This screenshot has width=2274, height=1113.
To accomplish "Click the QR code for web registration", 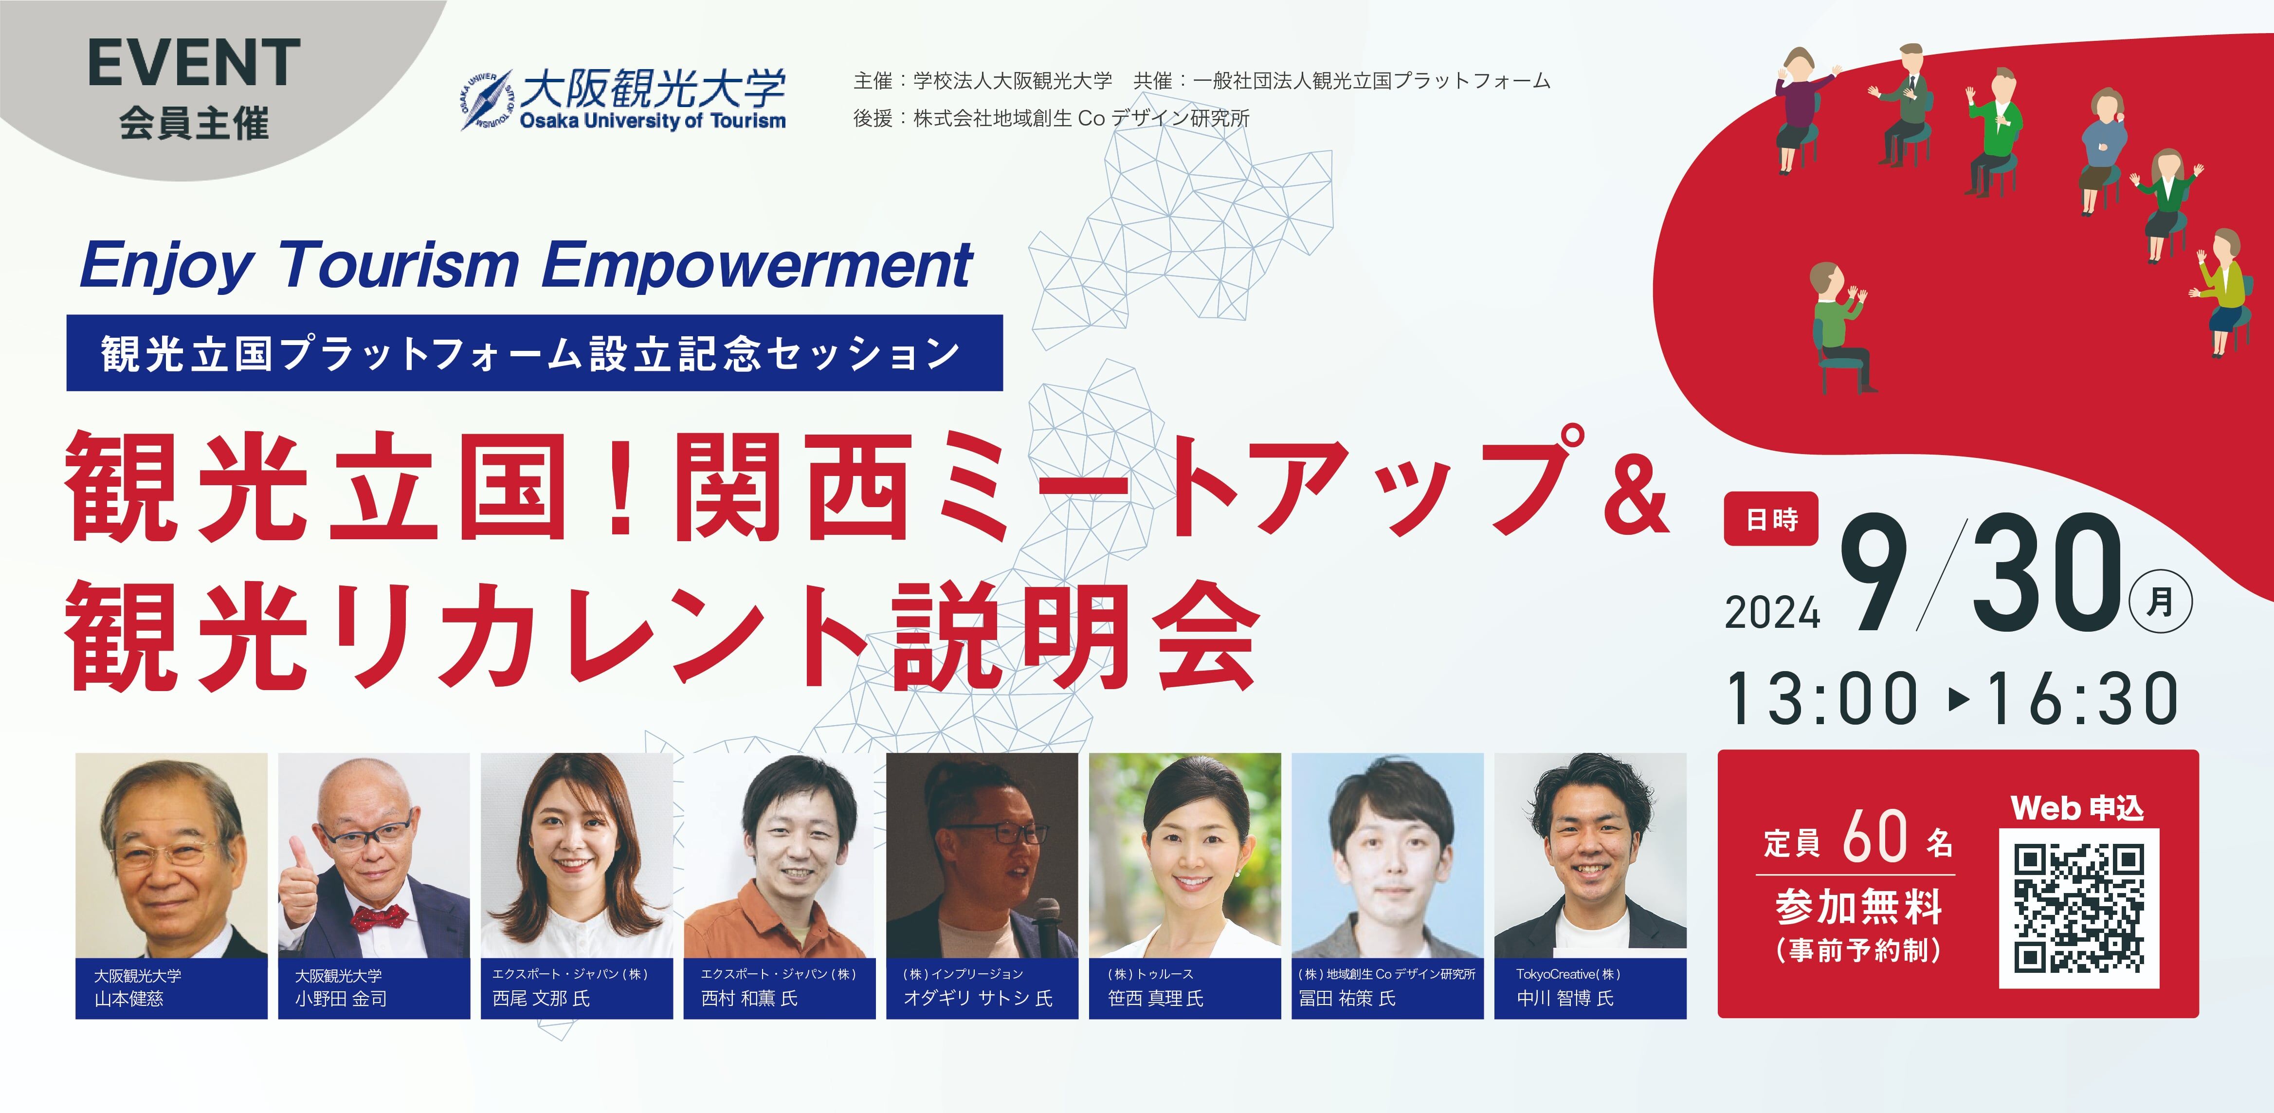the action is (x=2079, y=907).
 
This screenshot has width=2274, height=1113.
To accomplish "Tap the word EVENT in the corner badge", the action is (x=194, y=63).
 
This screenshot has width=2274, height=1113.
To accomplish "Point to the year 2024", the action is (x=1773, y=613).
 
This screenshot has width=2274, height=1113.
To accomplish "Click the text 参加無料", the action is (x=1859, y=907).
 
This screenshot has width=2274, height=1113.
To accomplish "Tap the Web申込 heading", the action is (x=2077, y=807).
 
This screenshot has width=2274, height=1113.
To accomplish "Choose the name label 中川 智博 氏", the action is (x=1565, y=998).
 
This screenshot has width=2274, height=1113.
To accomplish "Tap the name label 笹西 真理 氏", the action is (x=1156, y=998).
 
